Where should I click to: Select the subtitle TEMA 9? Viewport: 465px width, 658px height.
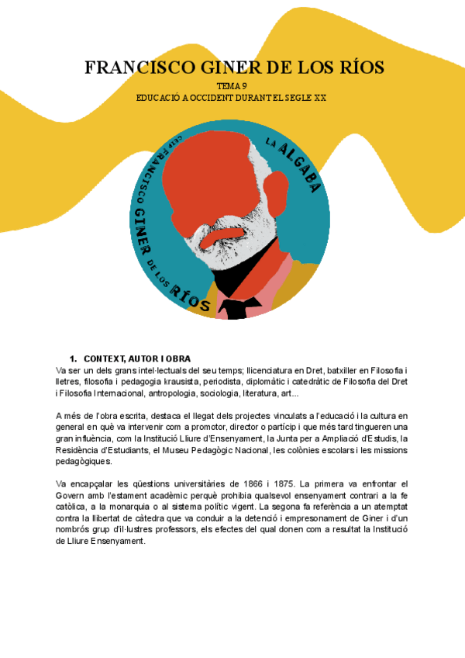point(232,87)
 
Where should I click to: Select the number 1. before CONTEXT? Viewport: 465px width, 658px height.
point(74,358)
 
